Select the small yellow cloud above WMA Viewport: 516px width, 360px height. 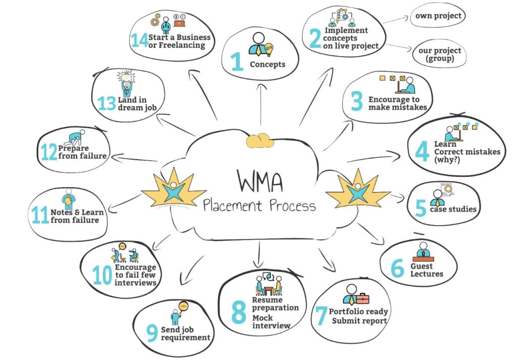point(260,141)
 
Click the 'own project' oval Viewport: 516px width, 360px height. point(437,16)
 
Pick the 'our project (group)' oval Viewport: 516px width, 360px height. point(439,54)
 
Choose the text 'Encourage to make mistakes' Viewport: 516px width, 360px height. point(398,103)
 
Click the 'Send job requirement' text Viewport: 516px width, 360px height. point(185,333)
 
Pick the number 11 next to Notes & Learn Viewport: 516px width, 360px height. point(40,215)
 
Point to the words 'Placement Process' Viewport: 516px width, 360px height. point(260,205)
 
